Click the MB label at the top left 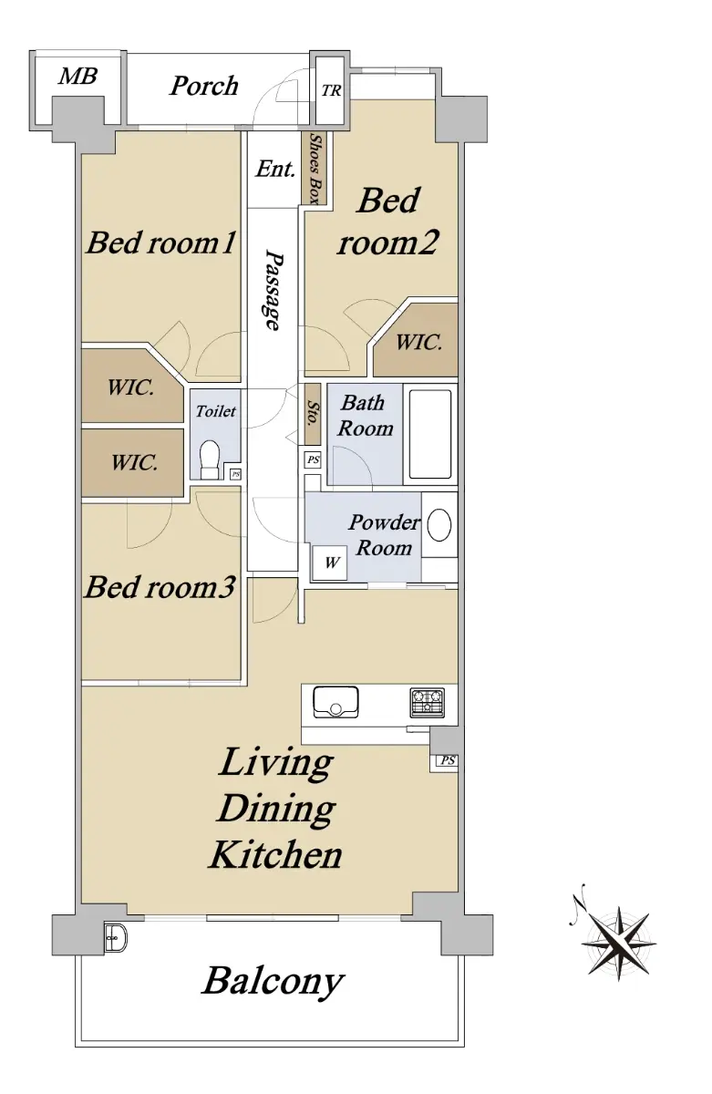[77, 77]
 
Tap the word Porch [203, 86]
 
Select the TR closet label [331, 91]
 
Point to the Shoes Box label [316, 170]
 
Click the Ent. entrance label [275, 169]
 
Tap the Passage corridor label [273, 290]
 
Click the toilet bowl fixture [210, 459]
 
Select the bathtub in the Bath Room [429, 434]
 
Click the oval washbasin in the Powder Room [439, 525]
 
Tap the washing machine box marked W [331, 562]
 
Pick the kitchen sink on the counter [335, 702]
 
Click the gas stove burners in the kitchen [427, 702]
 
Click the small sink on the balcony [115, 937]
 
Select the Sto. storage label [313, 413]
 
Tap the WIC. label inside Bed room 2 [418, 342]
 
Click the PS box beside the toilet [235, 474]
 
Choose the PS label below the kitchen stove [448, 760]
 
